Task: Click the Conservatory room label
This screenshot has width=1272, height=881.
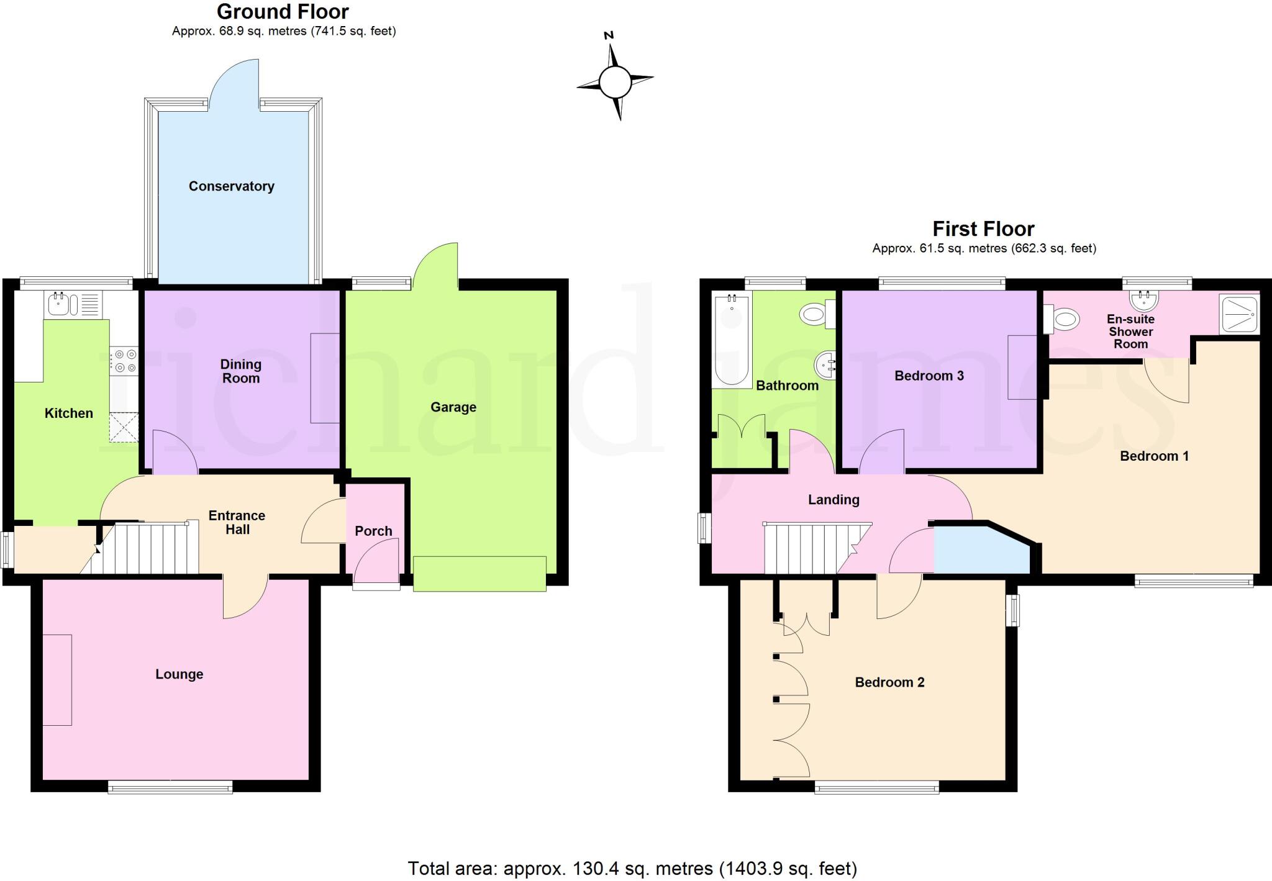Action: click(231, 186)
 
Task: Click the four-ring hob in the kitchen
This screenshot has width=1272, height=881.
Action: click(124, 361)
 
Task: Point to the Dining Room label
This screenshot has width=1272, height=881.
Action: click(241, 371)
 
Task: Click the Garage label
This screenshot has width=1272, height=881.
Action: click(453, 407)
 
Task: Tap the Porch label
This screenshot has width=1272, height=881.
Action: click(373, 531)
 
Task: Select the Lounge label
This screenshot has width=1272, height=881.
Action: click(179, 674)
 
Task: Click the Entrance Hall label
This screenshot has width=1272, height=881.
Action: click(237, 522)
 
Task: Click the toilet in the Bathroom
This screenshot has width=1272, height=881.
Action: click(816, 314)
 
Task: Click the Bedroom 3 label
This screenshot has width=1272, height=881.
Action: click(929, 376)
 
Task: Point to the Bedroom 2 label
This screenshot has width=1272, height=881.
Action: click(889, 682)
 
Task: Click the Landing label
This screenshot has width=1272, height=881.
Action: click(834, 500)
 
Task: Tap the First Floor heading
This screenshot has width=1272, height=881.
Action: click(983, 229)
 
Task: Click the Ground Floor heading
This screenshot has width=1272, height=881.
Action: click(283, 12)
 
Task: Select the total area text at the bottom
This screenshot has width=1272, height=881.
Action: click(632, 868)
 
